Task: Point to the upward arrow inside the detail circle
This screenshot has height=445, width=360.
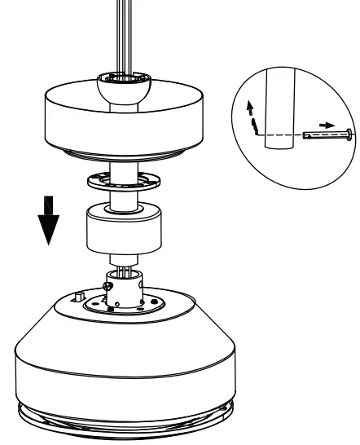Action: coord(248,107)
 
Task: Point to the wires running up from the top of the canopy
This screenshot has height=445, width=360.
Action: coord(124,33)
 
